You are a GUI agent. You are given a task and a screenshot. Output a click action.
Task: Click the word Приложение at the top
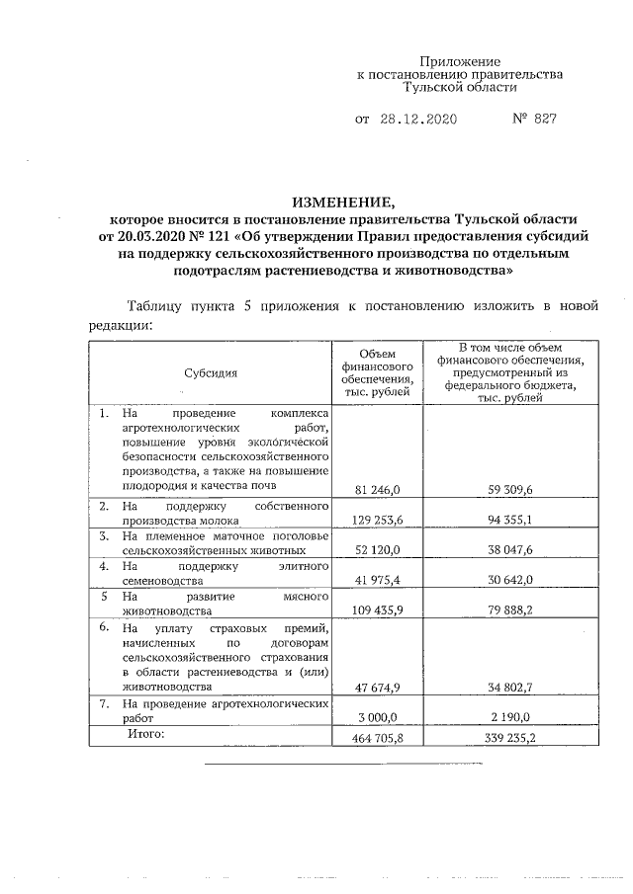coord(460,61)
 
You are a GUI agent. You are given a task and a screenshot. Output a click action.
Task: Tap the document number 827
coord(540,120)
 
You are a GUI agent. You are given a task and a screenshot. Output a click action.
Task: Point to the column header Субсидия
coord(210,373)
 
